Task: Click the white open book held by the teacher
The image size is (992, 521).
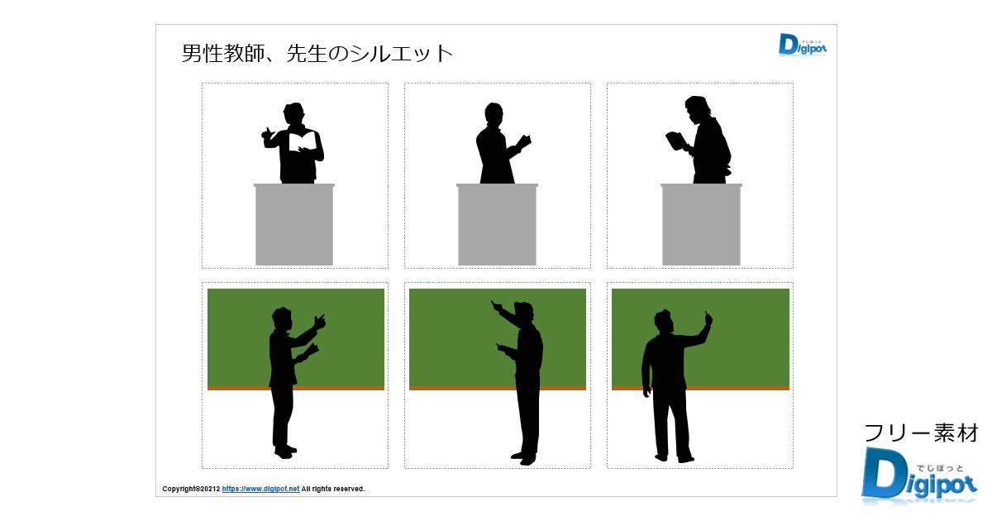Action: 303,141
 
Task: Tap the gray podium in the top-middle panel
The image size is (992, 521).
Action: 498,225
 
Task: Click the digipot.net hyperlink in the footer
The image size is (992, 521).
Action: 260,489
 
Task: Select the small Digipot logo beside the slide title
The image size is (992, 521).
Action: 803,45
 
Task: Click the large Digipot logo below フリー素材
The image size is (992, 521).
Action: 919,476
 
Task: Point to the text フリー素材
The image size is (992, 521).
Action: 921,433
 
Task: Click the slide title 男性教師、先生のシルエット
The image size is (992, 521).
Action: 317,54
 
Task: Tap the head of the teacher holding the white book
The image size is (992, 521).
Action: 293,114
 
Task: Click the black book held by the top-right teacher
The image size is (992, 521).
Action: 676,141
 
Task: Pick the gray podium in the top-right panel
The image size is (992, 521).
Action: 701,225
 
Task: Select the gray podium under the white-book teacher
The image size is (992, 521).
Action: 294,225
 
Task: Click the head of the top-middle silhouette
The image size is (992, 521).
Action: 494,113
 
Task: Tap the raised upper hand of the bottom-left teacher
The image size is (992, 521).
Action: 320,322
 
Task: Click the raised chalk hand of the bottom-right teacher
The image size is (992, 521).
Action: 708,318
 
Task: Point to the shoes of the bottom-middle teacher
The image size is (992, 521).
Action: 524,458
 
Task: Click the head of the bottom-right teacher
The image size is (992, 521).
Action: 664,321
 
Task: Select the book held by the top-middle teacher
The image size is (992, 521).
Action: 524,141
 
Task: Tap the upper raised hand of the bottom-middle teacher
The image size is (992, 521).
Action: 497,306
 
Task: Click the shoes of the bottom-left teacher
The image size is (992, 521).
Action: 284,452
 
